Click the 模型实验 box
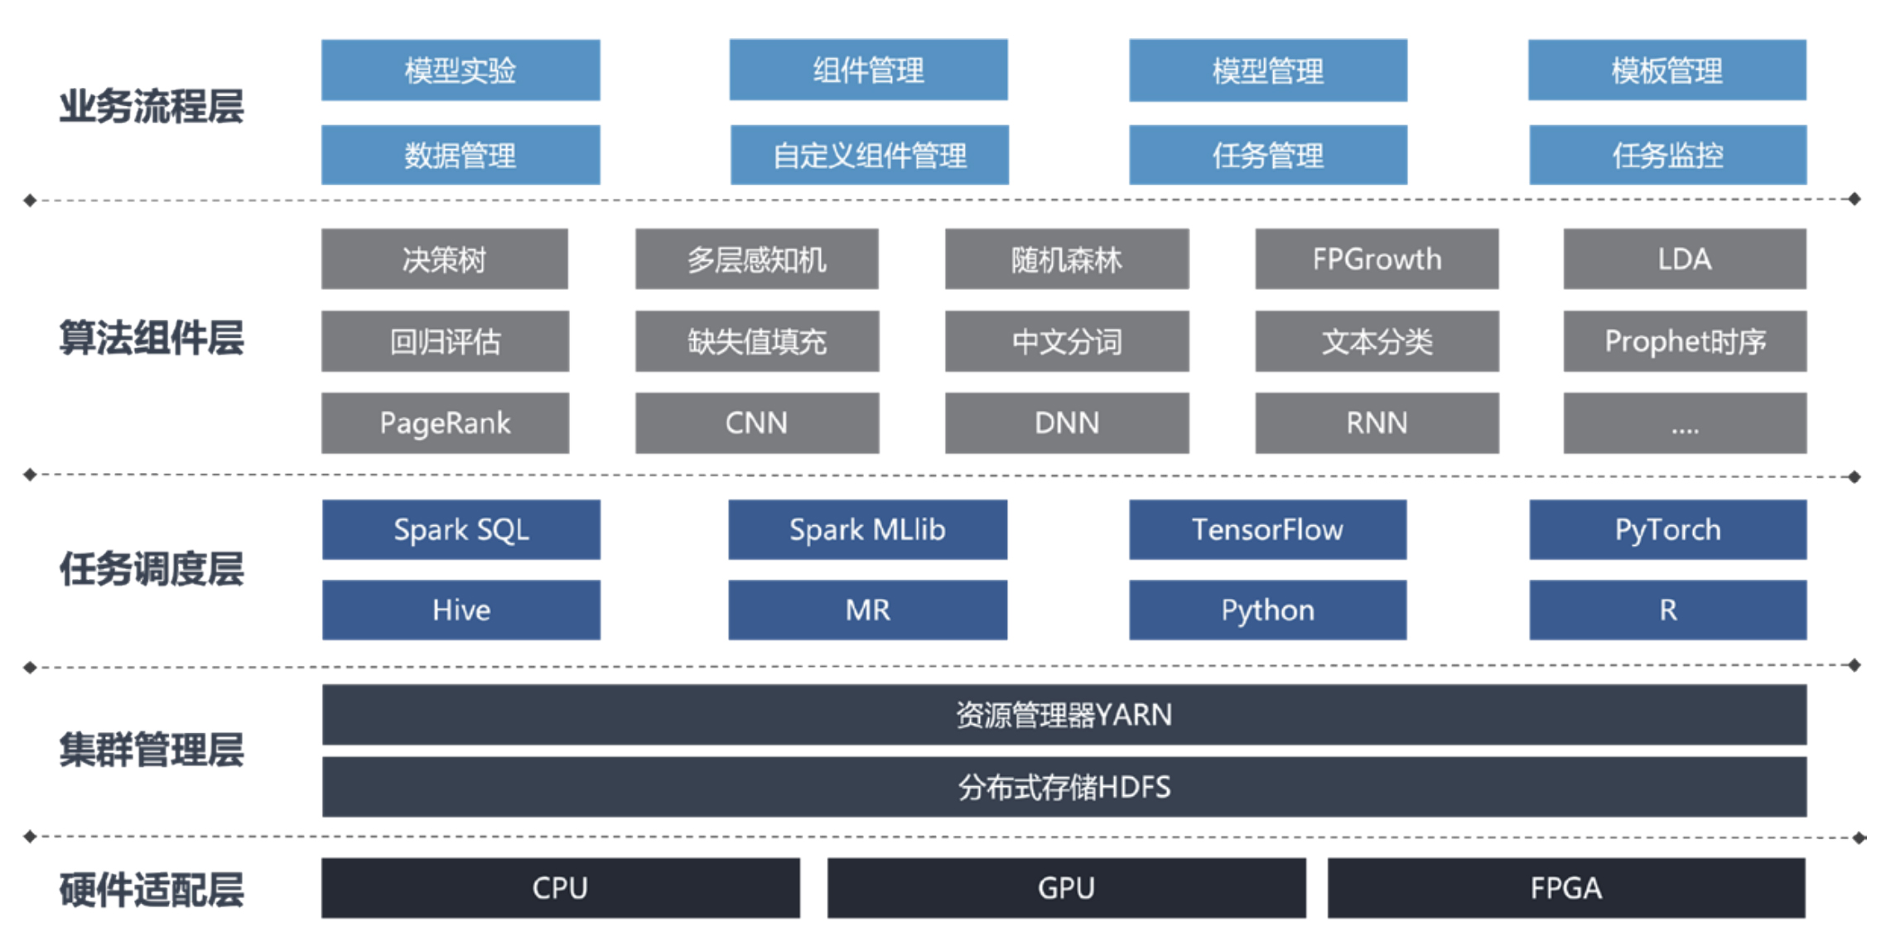461,70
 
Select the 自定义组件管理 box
870,155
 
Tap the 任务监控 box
1667,155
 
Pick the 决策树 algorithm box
445,259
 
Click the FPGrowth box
1377,259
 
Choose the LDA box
1685,259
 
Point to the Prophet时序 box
1685,341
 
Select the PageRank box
445,423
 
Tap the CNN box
757,423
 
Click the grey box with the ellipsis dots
1685,423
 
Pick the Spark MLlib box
868,529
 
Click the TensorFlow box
1268,529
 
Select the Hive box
461,610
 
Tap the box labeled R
1668,610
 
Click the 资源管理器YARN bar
1064,714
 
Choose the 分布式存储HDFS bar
1064,786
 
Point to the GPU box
1067,888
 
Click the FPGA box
1566,888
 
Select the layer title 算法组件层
152,339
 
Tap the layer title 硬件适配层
152,891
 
